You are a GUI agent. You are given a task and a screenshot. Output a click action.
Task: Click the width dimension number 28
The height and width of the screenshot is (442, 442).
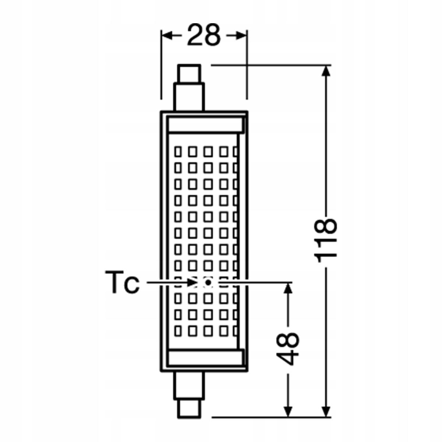pos(204,36)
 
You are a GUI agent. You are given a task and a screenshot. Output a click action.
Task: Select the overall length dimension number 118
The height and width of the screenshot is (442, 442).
pos(326,241)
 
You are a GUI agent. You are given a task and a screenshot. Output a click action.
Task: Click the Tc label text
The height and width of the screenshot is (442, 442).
pos(122,282)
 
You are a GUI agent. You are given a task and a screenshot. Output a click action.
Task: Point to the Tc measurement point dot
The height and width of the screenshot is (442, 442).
pos(208,283)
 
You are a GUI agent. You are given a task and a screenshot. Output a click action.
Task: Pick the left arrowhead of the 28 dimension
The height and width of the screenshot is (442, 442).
pos(167,36)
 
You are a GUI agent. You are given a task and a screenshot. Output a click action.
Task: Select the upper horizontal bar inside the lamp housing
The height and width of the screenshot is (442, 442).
pos(205,125)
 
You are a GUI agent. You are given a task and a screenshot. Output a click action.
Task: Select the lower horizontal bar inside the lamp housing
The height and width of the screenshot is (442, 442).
pos(205,357)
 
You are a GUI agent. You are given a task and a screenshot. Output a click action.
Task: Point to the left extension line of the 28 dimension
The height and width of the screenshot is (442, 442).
pos(161,66)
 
